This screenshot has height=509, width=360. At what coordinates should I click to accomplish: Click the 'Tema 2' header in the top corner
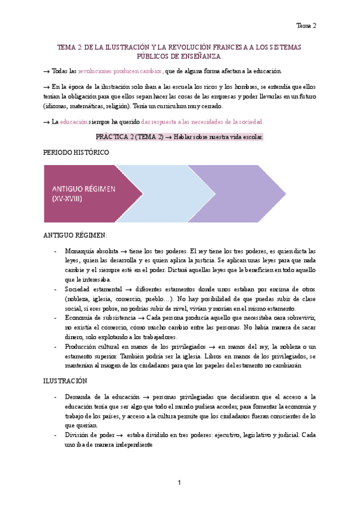click(x=307, y=25)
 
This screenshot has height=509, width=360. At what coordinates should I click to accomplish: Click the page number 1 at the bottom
click(x=179, y=483)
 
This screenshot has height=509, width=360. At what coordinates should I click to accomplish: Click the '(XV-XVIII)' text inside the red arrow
click(x=67, y=197)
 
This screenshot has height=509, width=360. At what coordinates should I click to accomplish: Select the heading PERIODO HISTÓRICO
click(x=76, y=152)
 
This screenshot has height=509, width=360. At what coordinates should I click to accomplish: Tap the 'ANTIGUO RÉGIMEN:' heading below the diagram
click(x=75, y=235)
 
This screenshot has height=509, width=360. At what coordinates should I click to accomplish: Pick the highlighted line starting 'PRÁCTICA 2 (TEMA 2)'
click(x=179, y=137)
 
